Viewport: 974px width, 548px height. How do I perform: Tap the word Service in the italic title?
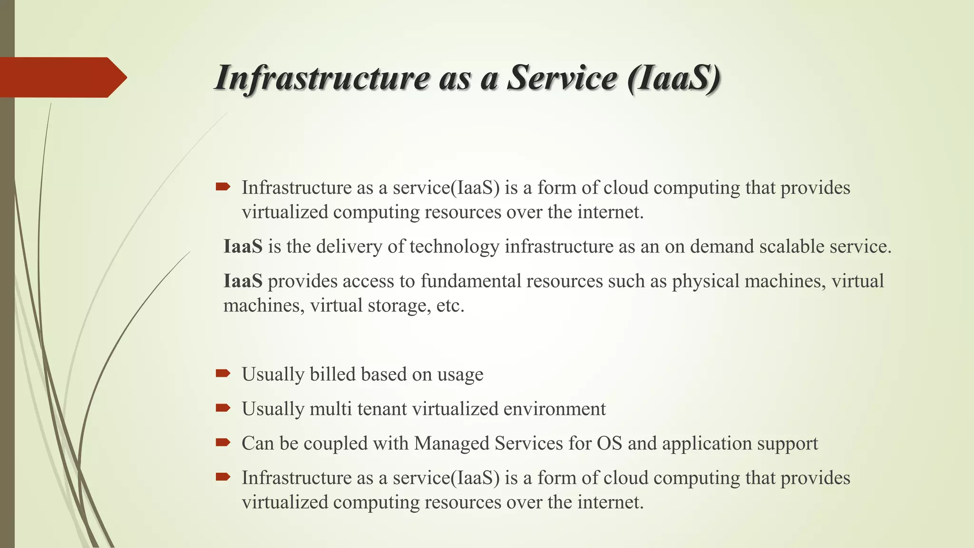[562, 78]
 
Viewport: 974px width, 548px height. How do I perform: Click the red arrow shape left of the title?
[62, 77]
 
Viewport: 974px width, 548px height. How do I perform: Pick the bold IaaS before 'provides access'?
[243, 281]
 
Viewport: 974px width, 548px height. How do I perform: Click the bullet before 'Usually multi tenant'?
[223, 408]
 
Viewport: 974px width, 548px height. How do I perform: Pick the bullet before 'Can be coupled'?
[223, 442]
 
